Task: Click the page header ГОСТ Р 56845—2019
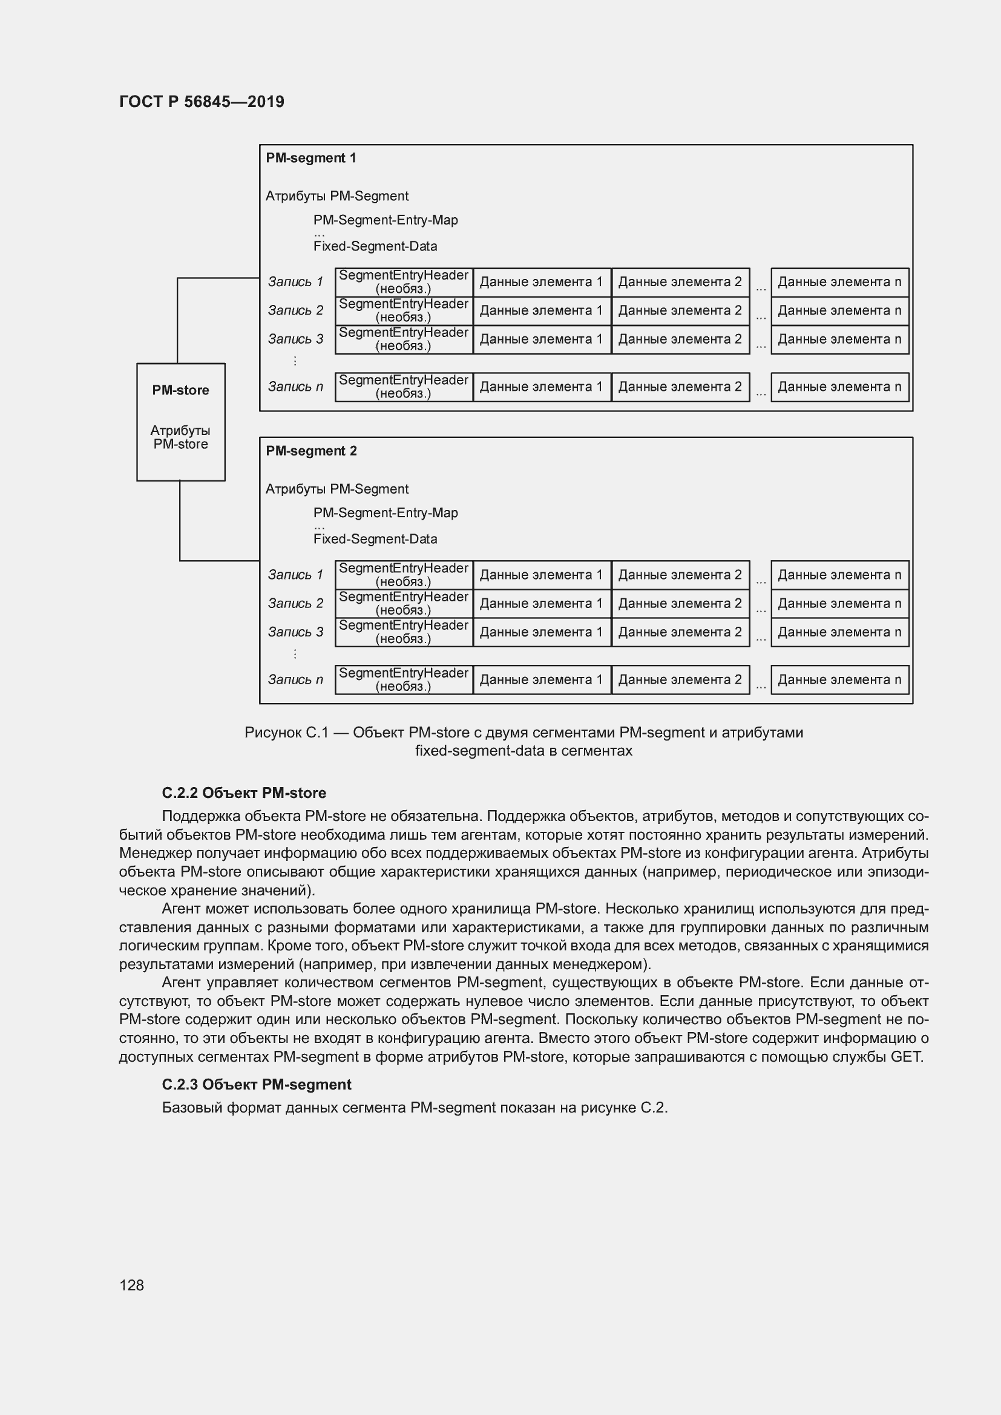[202, 102]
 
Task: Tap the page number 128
[131, 1285]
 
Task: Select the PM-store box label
[180, 390]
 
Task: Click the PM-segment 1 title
[310, 158]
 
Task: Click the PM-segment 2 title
[310, 451]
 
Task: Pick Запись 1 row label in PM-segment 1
[295, 282]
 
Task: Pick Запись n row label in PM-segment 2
[295, 679]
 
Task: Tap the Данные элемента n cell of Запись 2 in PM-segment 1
[839, 310]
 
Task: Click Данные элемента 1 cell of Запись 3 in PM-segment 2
[541, 632]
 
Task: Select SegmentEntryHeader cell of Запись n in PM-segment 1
[404, 387]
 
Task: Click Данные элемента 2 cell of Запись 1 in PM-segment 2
[680, 574]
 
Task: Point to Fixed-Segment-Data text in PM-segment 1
[375, 246]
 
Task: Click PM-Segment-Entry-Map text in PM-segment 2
[386, 513]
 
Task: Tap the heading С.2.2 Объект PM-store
[244, 792]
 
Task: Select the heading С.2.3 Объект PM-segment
[257, 1084]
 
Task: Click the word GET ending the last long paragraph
[905, 1056]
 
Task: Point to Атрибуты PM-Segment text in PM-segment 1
[336, 196]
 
